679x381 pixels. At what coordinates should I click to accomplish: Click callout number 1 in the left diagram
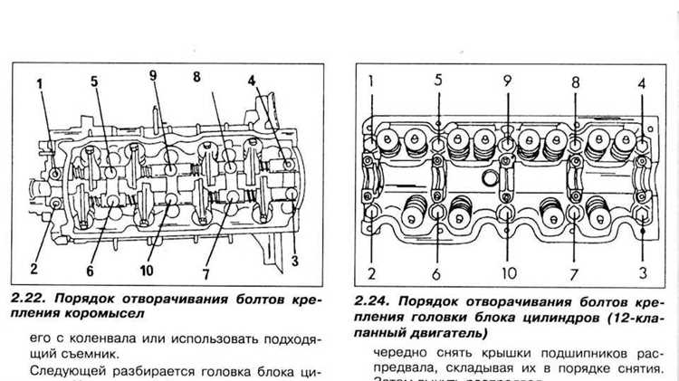click(39, 86)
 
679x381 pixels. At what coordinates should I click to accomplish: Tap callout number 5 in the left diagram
click(93, 81)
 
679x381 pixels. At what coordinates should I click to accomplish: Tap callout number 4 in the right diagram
click(641, 83)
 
